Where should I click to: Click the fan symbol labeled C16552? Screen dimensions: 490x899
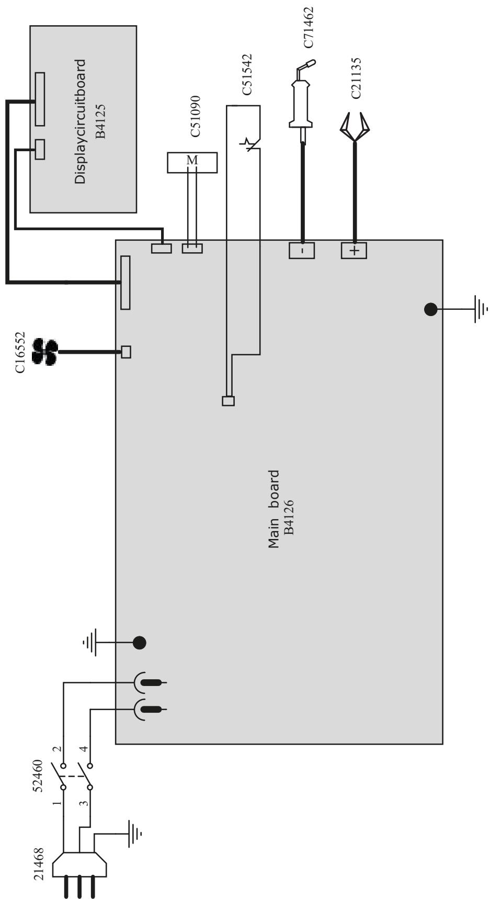[45, 352]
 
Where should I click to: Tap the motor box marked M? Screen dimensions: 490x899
[192, 163]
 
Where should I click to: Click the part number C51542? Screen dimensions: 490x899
[247, 74]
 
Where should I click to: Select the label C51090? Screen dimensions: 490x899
[195, 116]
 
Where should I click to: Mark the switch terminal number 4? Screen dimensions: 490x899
[83, 749]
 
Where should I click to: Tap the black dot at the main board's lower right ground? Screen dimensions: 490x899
[430, 310]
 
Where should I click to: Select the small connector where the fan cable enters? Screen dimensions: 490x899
[126, 352]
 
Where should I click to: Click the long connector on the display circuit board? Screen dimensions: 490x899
[40, 99]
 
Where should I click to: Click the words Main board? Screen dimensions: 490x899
[274, 509]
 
